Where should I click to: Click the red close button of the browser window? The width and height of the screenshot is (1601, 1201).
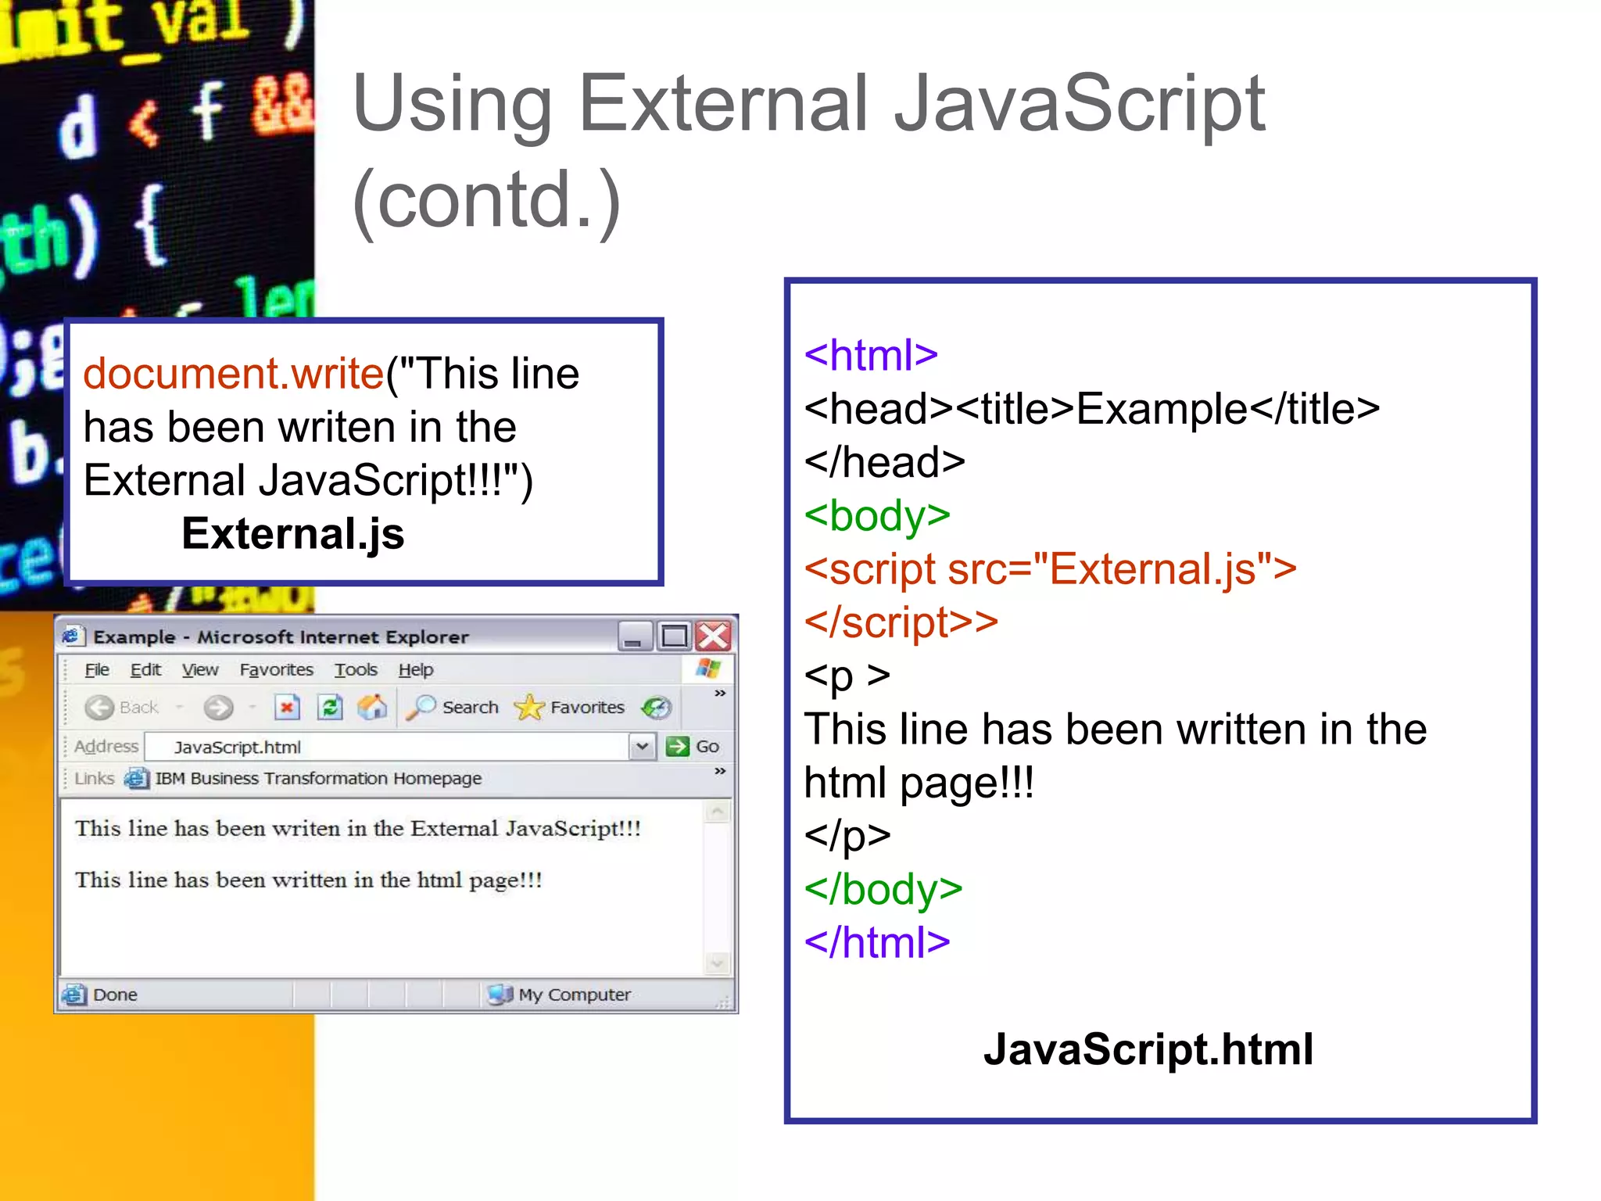point(713,636)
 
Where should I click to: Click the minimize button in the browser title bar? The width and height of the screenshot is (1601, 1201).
point(634,636)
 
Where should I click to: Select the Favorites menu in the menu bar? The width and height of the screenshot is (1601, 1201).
point(276,670)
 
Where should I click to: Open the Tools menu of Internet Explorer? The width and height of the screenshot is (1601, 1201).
point(356,670)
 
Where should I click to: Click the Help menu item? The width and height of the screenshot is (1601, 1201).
point(415,670)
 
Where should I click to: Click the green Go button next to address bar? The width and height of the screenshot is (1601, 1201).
point(693,747)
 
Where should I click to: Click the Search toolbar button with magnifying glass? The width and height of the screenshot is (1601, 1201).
point(453,708)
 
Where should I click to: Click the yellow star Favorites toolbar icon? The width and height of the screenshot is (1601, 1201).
point(530,708)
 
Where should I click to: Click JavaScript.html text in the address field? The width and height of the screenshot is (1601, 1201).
point(237,747)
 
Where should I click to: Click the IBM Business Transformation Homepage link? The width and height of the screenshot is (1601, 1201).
point(317,779)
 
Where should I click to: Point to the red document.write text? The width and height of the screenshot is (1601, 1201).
point(233,373)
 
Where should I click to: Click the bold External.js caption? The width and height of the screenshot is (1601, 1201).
point(292,534)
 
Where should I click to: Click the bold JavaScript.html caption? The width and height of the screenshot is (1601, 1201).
point(1148,1049)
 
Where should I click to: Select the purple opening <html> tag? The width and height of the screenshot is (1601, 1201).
point(871,356)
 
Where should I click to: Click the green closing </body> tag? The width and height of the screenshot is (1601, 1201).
point(883,890)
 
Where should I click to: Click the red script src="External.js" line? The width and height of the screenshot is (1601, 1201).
point(1050,569)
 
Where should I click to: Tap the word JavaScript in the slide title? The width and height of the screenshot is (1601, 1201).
point(1079,103)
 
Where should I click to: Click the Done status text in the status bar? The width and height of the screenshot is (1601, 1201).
point(115,995)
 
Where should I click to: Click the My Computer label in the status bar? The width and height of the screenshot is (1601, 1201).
point(574,995)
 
